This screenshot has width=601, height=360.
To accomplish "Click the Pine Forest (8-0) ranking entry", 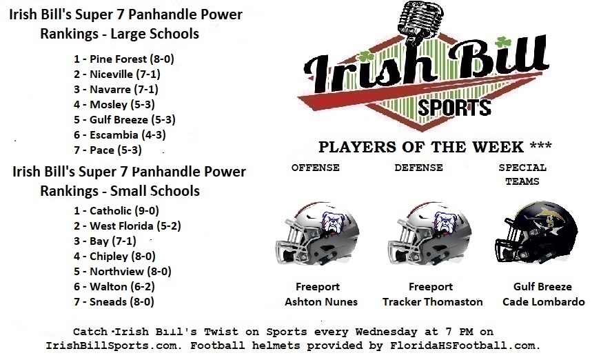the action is [x=124, y=59].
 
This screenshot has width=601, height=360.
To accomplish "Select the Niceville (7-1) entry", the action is [x=117, y=74].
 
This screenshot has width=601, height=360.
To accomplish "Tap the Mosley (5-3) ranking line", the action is [x=114, y=104].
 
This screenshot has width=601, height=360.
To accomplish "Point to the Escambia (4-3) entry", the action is [x=120, y=135].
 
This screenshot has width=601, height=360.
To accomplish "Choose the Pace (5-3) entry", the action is [x=108, y=150].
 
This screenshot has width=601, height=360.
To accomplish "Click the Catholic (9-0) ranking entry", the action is [x=116, y=210].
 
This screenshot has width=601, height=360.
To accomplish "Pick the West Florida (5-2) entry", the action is [x=128, y=226].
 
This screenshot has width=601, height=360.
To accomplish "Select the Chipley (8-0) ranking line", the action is [x=114, y=256].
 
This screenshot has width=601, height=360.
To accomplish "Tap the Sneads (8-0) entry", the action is [x=114, y=302].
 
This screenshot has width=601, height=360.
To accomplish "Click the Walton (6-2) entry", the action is [x=114, y=286].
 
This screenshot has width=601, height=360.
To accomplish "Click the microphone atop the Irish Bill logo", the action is [x=420, y=21].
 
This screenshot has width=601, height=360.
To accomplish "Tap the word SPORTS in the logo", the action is [x=454, y=108].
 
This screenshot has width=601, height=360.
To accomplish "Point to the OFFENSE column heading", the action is [x=316, y=168].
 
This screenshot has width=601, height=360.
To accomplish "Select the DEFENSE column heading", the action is [x=418, y=168].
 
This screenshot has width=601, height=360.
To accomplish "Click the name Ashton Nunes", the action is [x=320, y=302].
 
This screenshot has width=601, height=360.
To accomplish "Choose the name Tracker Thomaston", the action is [x=432, y=302].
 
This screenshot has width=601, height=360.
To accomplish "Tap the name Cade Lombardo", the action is [x=544, y=302].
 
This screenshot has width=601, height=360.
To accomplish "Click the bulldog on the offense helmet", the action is [x=333, y=221].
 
